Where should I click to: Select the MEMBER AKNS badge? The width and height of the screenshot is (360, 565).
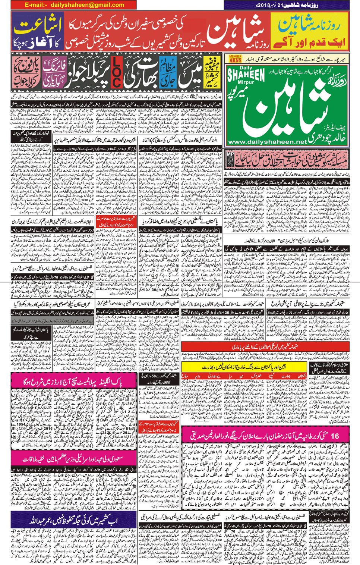click(235, 59)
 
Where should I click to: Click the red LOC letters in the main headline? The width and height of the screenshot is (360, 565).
click(117, 73)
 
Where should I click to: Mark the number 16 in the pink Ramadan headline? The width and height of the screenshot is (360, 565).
click(334, 436)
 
